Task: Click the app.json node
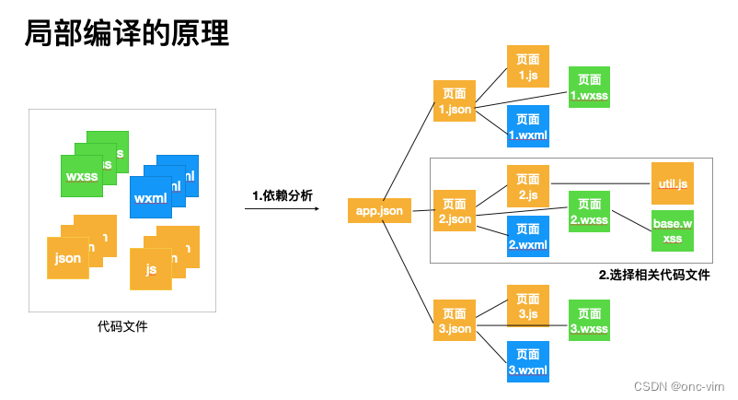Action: [x=379, y=211]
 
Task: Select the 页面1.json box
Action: [x=455, y=101]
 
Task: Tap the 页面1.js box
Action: [x=527, y=66]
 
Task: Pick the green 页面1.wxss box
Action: [x=589, y=88]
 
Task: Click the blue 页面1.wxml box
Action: [x=527, y=126]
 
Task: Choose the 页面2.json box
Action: [x=455, y=211]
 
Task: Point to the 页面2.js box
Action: [x=527, y=186]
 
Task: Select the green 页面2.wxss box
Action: [x=589, y=212]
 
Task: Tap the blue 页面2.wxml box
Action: [x=527, y=237]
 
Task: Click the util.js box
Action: [x=672, y=184]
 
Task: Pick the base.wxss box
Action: [x=672, y=230]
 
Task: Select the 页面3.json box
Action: [x=455, y=321]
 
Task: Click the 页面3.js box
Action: [x=527, y=306]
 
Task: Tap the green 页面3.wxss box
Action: [x=589, y=321]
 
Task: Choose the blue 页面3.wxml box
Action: [x=527, y=362]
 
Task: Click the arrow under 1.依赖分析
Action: [x=282, y=209]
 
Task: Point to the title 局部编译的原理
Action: [x=126, y=34]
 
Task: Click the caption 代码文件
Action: [x=122, y=326]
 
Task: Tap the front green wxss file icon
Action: [x=82, y=176]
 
